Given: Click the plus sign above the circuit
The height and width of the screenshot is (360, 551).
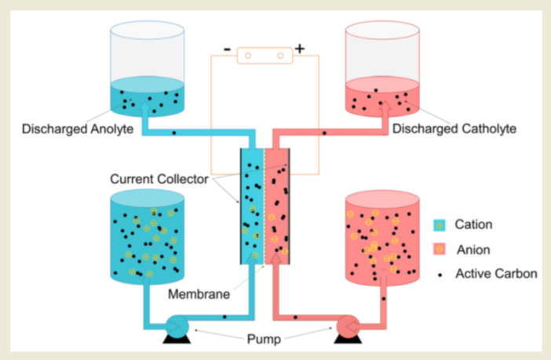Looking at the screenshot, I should coord(300,49).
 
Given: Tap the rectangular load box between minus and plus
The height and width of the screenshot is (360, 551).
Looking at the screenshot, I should coord(263,54).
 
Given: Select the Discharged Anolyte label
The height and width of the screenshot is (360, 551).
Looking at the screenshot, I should coord(78,129).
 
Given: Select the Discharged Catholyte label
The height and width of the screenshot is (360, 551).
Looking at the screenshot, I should coord(454,129).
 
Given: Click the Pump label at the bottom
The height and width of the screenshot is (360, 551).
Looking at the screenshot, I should coord(262,340).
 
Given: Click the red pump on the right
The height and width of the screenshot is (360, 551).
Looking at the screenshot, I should coord(347,327).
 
